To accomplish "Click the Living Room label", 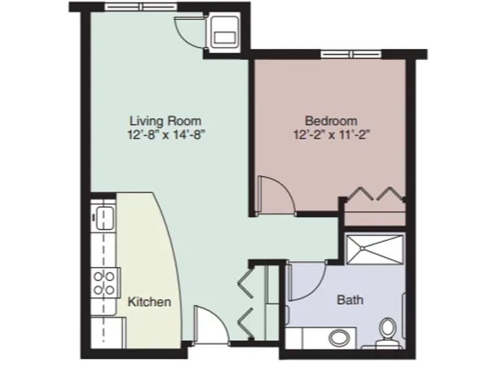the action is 166,121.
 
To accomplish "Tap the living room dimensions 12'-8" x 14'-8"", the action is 166,135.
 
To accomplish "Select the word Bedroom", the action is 331,121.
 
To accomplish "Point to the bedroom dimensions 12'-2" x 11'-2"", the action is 332,135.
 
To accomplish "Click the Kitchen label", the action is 149,302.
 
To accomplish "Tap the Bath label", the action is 350,299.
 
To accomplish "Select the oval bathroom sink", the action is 338,338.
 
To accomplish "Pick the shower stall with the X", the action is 375,250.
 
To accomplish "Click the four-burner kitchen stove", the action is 105,283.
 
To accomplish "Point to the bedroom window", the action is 351,55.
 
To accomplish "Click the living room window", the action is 141,7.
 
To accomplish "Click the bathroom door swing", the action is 307,281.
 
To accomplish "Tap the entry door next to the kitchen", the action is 211,324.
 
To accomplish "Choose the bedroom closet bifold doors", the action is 375,194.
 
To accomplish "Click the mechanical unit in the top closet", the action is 224,32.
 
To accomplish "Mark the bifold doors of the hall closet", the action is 246,302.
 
